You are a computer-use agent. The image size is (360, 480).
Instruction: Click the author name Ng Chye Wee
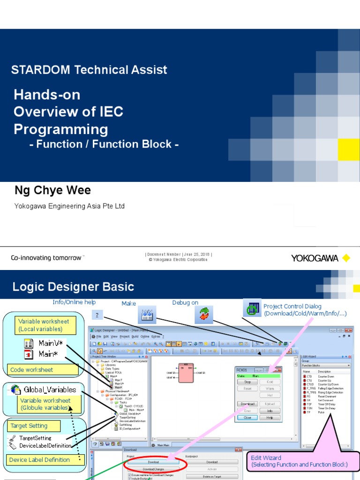pyautogui.click(x=52, y=190)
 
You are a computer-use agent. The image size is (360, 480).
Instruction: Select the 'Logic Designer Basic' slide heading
pyautogui.click(x=73, y=287)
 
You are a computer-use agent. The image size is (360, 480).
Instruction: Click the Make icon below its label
pyautogui.click(x=147, y=315)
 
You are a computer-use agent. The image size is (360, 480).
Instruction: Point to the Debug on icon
pyautogui.click(x=204, y=315)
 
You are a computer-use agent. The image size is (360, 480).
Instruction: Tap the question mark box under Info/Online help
pyautogui.click(x=97, y=315)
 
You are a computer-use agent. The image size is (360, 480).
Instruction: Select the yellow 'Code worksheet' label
pyautogui.click(x=32, y=369)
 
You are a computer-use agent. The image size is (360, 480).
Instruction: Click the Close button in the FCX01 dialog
pyautogui.click(x=247, y=417)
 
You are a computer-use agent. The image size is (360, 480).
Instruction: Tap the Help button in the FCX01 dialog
pyautogui.click(x=270, y=417)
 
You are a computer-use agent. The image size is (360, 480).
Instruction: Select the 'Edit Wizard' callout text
pyautogui.click(x=266, y=457)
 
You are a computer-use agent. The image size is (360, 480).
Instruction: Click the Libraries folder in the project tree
pyautogui.click(x=111, y=365)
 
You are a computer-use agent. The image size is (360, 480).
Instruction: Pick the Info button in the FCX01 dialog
pyautogui.click(x=270, y=411)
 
